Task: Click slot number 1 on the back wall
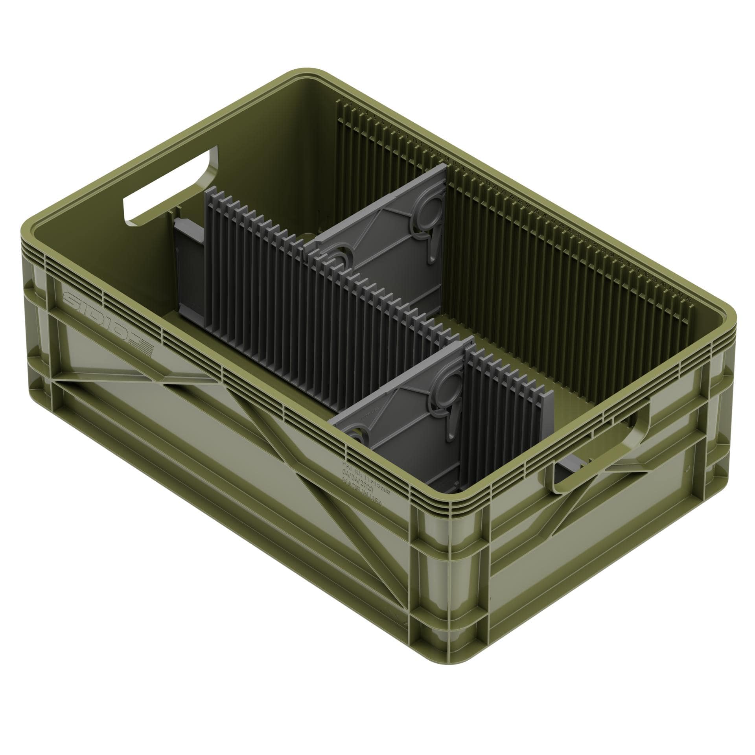[x=343, y=99]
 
